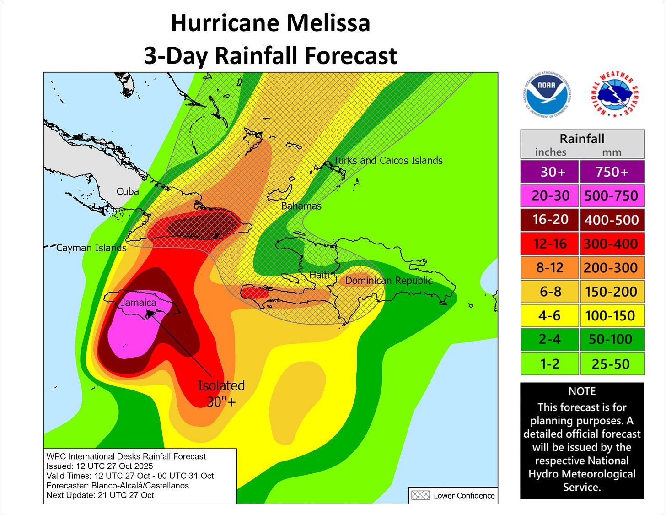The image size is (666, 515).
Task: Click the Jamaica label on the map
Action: [139, 303]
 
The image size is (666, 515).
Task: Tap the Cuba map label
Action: [128, 191]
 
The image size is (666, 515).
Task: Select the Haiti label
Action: [319, 275]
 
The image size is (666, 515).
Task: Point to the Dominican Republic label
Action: [389, 280]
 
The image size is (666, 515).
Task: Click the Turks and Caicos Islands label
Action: [388, 161]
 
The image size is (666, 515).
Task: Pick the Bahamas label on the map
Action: [301, 206]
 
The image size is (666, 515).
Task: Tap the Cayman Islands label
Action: [91, 248]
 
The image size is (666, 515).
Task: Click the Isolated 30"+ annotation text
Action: [221, 393]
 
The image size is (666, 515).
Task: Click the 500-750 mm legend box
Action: [612, 196]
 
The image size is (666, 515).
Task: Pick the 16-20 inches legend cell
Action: [550, 220]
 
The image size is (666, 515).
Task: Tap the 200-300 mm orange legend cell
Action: [612, 267]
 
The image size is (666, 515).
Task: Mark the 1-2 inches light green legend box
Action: [550, 364]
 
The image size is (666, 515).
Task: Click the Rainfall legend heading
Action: [582, 139]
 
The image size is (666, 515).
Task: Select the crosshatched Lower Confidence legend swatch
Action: [420, 495]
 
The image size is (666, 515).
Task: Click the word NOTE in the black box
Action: [582, 391]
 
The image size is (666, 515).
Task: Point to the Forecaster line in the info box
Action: [118, 485]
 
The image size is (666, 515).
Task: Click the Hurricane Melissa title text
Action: [270, 23]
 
